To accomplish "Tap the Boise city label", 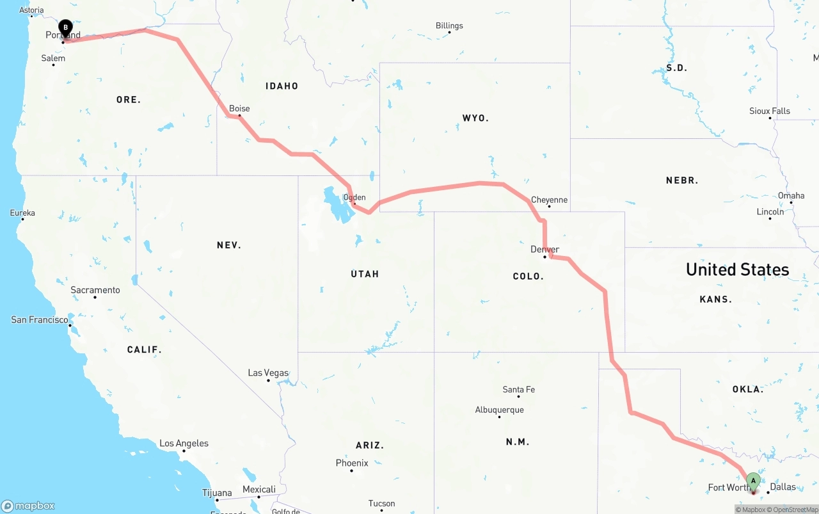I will pos(239,108).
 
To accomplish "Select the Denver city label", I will pos(545,249).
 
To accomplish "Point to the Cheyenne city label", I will pos(549,200).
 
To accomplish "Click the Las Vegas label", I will pos(268,373).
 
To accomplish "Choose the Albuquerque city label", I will pos(499,410).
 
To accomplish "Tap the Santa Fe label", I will pos(518,389).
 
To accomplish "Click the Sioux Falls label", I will pos(769,111).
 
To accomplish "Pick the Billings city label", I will pos(449,26).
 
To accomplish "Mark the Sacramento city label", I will pos(95,290).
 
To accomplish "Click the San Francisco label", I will pos(40,319).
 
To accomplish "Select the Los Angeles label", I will pos(184,443).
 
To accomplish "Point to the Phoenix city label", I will pos(352,463).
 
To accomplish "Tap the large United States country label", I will pos(737,269).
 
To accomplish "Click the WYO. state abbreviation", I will pos(475,118).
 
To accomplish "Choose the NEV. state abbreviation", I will pos(228,245).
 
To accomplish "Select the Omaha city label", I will pos(791,195).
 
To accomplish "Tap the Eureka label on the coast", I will pos(22,213).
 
